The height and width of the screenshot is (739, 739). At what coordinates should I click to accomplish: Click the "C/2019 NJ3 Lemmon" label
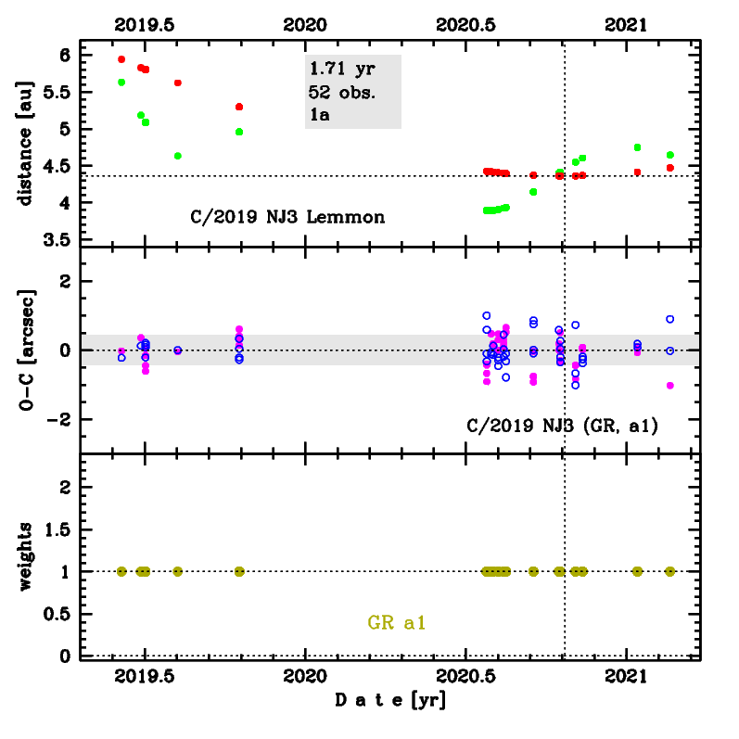[x=283, y=218]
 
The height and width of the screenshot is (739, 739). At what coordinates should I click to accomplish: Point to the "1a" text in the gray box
[x=320, y=115]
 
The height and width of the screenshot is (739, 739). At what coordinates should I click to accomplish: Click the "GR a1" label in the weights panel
[x=397, y=623]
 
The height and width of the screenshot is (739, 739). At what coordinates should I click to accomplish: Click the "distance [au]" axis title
[x=27, y=141]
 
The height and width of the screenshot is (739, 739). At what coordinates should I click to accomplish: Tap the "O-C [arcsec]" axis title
[x=27, y=350]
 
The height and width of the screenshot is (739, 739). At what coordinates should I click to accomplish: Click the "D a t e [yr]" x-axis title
[x=389, y=702]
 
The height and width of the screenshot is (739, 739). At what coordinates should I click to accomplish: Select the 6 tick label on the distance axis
[x=62, y=55]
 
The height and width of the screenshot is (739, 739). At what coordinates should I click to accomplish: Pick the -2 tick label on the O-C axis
[x=57, y=419]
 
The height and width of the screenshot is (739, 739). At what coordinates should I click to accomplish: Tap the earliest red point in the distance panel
[x=121, y=59]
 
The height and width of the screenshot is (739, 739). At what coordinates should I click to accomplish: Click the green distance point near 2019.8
[x=239, y=132]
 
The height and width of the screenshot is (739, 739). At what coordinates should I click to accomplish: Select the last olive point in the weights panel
[x=670, y=571]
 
